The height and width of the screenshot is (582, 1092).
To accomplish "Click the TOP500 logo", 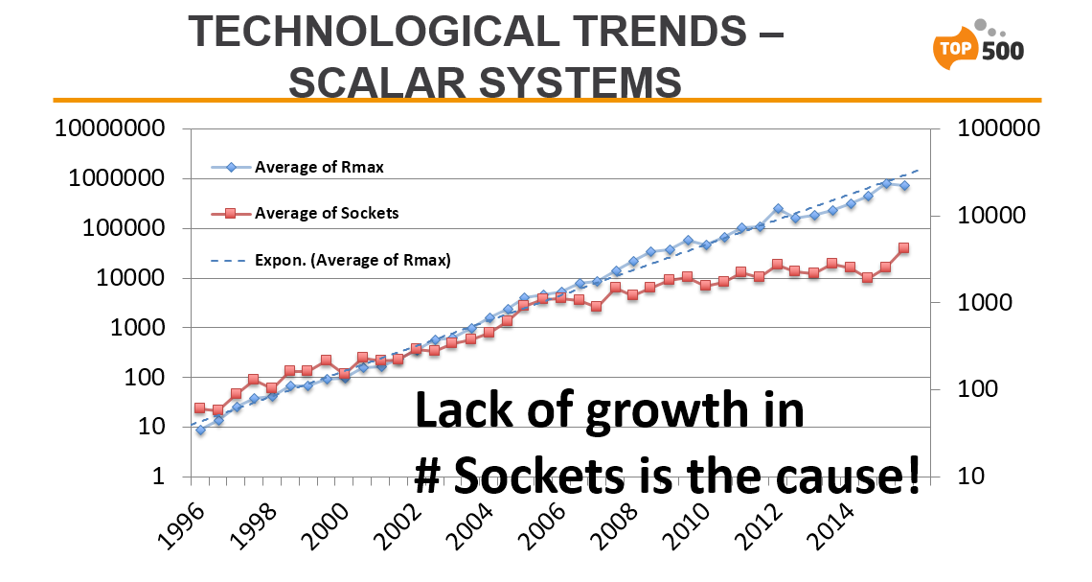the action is point(978,45).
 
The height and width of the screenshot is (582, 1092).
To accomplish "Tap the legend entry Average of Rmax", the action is point(297,167).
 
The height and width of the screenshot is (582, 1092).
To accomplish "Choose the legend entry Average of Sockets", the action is point(305,213).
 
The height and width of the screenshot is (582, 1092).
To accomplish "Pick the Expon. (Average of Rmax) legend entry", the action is point(330,260).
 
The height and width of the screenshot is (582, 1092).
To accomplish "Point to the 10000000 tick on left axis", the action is point(110,128).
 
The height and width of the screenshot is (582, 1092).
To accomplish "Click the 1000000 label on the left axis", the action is point(117,178).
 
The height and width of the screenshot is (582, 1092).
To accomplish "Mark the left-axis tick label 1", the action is point(159,477).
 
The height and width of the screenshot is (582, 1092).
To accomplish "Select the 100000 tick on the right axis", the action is point(999,128).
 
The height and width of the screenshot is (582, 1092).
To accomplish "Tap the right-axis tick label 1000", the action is point(985,302).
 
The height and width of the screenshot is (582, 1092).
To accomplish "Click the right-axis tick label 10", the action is point(971,477).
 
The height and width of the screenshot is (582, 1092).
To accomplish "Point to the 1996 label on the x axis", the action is point(174,526).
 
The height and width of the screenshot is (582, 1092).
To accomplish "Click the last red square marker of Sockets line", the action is point(904,248).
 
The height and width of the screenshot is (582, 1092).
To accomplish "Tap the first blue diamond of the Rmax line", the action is point(200,431).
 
